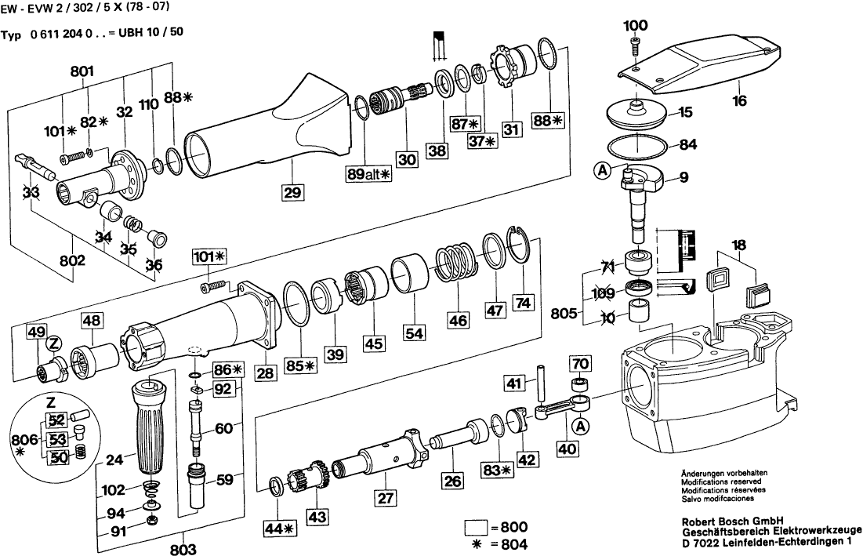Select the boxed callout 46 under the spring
tap(459, 320)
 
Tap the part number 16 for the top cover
tap(740, 100)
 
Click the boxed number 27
tap(384, 496)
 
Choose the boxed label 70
tap(579, 364)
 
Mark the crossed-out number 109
tap(605, 294)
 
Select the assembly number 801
tap(82, 71)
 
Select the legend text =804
tap(509, 544)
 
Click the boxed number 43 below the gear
tap(317, 518)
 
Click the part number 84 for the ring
tap(687, 144)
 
